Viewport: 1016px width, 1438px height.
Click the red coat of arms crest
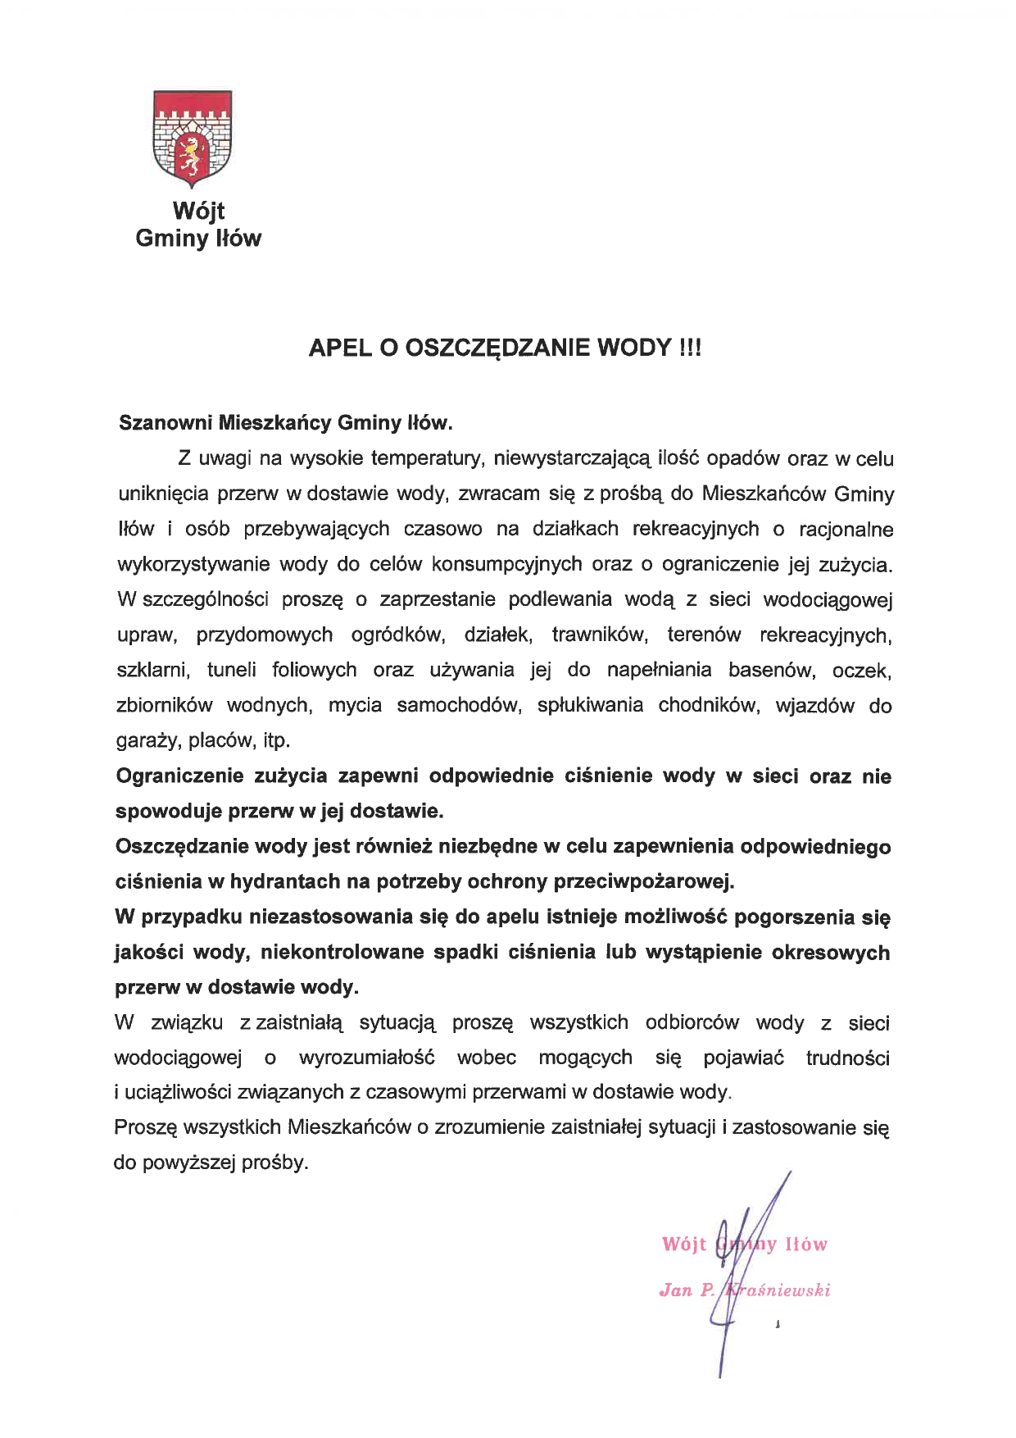point(193,137)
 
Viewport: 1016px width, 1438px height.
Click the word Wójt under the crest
point(198,211)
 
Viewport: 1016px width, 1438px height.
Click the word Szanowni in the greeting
point(166,423)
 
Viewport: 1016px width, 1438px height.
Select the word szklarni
point(153,670)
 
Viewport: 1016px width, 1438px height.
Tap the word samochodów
point(459,705)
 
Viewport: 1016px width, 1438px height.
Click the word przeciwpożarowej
point(645,881)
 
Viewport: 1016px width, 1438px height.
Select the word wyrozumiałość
point(366,1058)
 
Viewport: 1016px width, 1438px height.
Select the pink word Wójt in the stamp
point(683,1245)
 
